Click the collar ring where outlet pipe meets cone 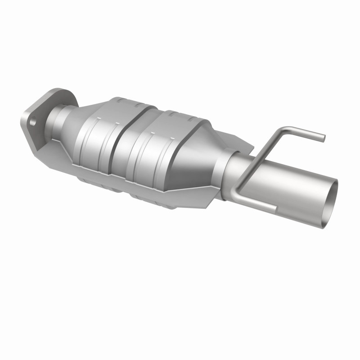point(225,171)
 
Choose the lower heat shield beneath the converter point(135,193)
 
